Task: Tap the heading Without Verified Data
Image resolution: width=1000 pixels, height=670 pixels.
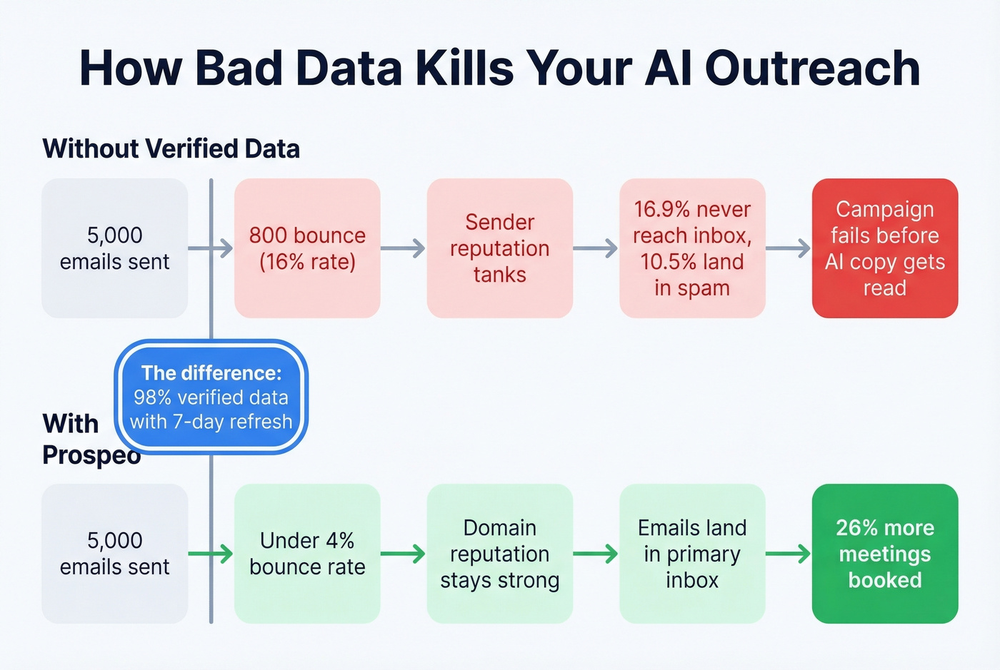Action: point(171,149)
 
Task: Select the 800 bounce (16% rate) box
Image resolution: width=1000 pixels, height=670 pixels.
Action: point(307,248)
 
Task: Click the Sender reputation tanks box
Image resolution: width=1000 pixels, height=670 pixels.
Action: point(499,248)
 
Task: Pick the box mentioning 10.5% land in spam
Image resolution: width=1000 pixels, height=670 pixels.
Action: point(692,248)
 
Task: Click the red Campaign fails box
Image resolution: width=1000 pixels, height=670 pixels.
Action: point(884,248)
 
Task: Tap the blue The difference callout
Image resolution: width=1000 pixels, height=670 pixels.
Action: point(211,397)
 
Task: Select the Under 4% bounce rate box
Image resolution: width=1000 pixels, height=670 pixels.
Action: point(307,554)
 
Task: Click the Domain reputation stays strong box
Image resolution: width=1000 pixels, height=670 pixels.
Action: point(499,554)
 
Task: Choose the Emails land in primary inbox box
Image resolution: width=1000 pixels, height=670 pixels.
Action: point(692,554)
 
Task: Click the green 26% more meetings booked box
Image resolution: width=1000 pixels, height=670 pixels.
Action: point(884,554)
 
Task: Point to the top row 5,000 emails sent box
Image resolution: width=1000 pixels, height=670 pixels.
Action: point(114,248)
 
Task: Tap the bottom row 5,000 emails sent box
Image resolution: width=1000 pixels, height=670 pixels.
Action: point(114,554)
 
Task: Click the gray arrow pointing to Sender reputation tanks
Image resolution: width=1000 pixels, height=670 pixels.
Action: point(404,248)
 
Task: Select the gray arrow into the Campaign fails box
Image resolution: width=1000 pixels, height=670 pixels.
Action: point(789,248)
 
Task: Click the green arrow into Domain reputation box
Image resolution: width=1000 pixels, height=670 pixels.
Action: point(404,554)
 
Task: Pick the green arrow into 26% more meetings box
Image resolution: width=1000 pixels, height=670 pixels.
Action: point(789,554)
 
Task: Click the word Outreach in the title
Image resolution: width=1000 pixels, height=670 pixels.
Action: point(812,68)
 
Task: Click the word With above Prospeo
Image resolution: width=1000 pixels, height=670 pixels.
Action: point(70,424)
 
